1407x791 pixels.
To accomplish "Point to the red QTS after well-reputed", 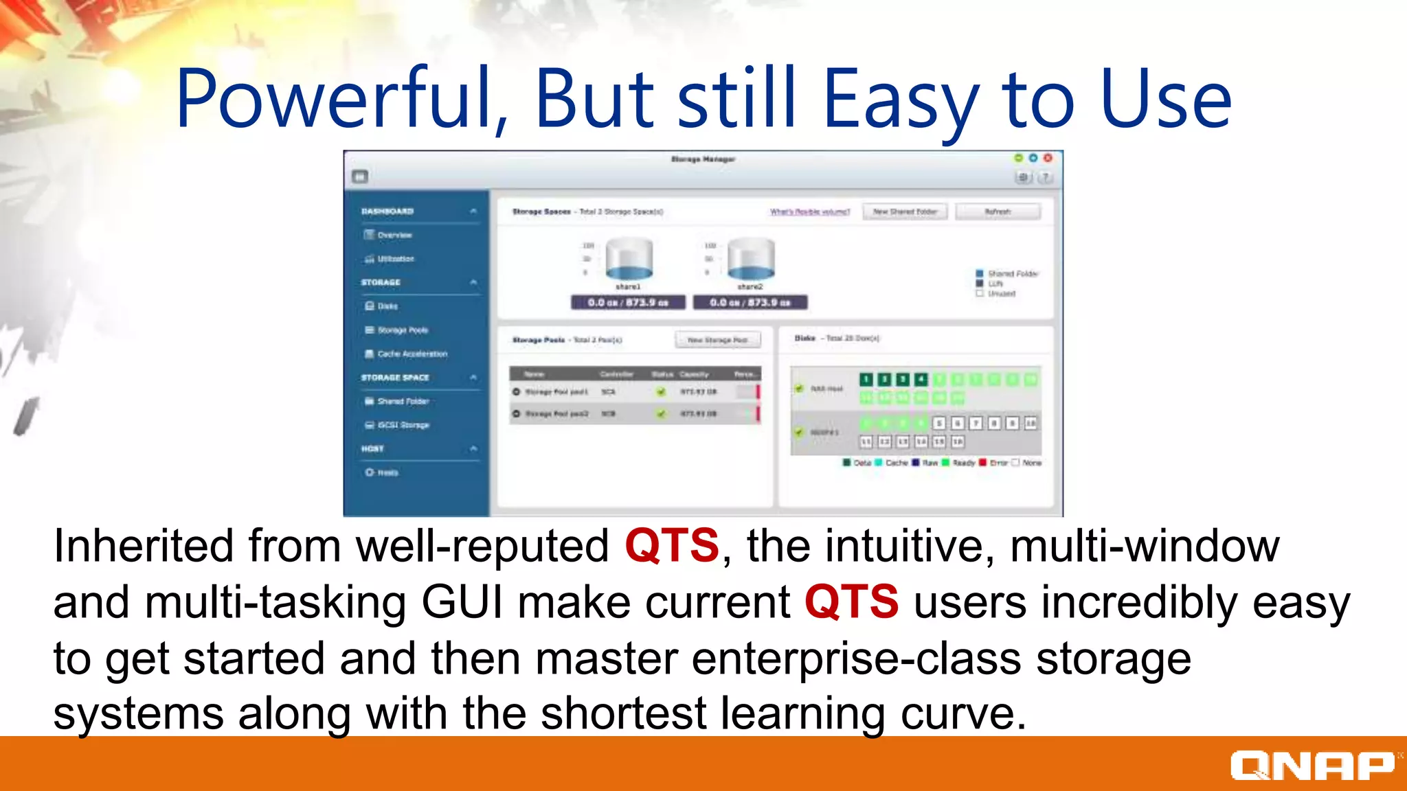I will [x=671, y=546].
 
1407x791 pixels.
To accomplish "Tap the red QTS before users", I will [x=851, y=602].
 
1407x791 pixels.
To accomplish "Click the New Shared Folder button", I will [x=905, y=211].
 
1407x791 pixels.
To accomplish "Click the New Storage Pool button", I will [x=718, y=340].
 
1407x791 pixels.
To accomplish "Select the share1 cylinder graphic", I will [x=629, y=260].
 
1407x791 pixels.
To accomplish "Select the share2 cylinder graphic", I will [x=751, y=260].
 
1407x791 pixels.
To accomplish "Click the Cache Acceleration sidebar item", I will [x=412, y=354].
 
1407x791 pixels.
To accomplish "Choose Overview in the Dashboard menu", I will [x=394, y=235].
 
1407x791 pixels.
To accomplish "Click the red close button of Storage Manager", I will [x=1048, y=158].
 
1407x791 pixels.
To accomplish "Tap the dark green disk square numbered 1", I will [x=866, y=379].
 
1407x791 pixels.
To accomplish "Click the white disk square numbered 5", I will [x=939, y=423].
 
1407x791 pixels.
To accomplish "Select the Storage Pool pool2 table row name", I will [x=556, y=414].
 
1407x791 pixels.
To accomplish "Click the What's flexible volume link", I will [x=809, y=211].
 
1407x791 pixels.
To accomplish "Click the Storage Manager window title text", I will [x=703, y=159].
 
